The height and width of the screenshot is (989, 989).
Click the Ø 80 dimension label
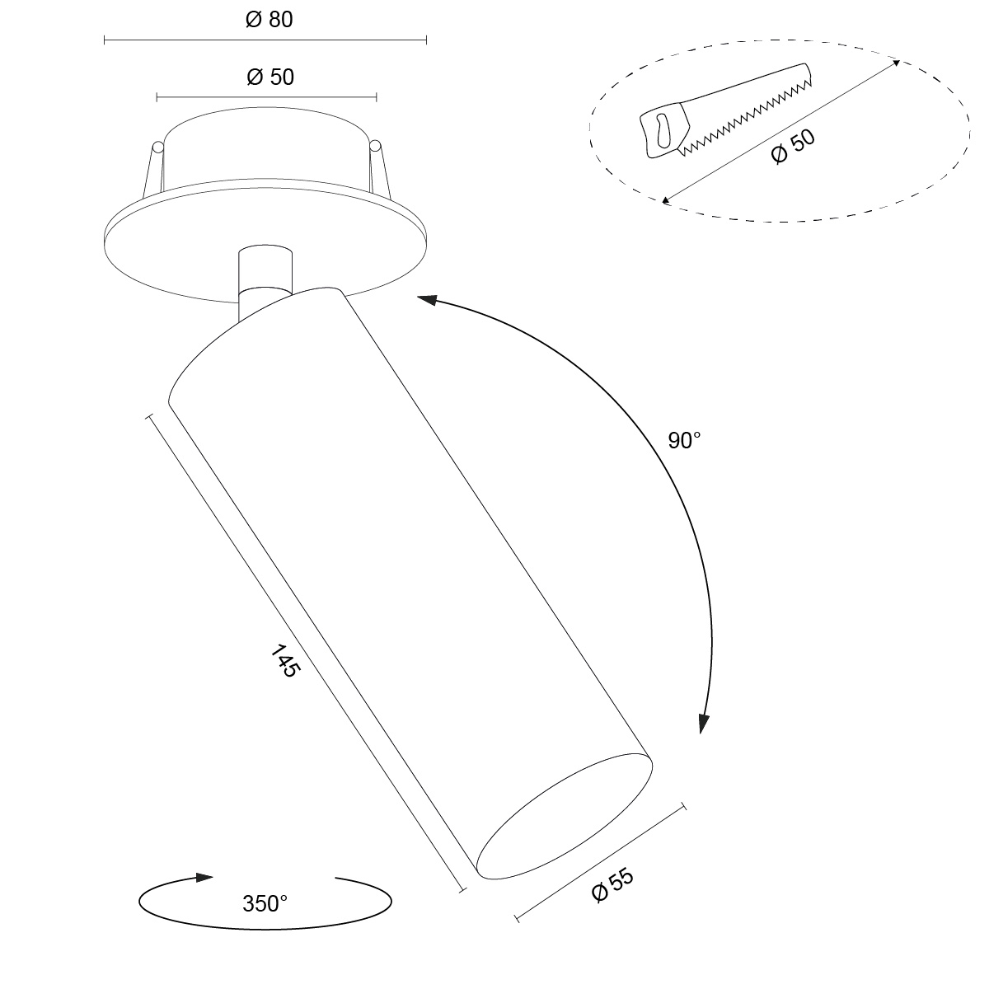269,20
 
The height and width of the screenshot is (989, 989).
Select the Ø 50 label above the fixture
270,77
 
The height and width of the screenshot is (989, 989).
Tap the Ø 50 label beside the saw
792,146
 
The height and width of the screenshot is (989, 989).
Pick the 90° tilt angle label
684,440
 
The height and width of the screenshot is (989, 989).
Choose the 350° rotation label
265,904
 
